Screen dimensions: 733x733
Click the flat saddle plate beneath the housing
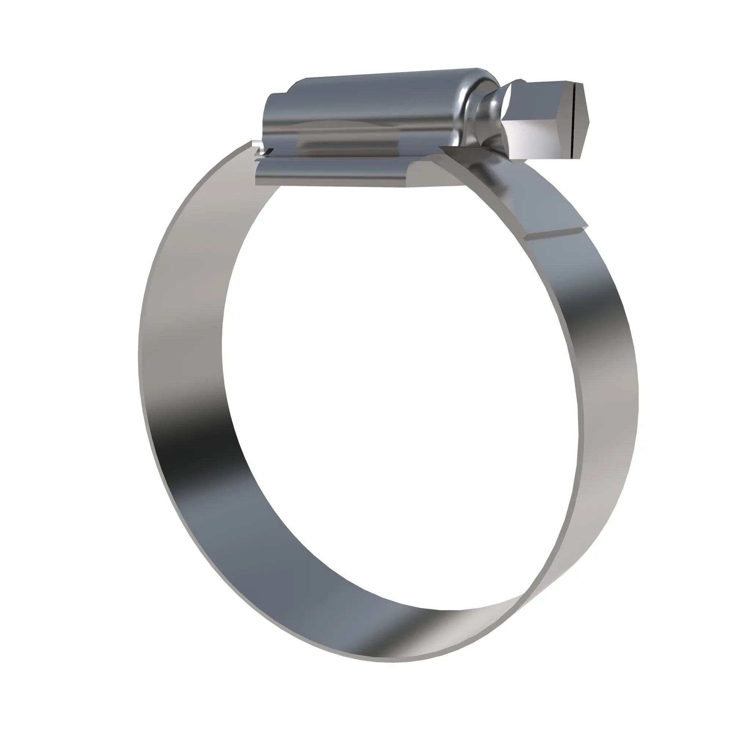(x=334, y=173)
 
